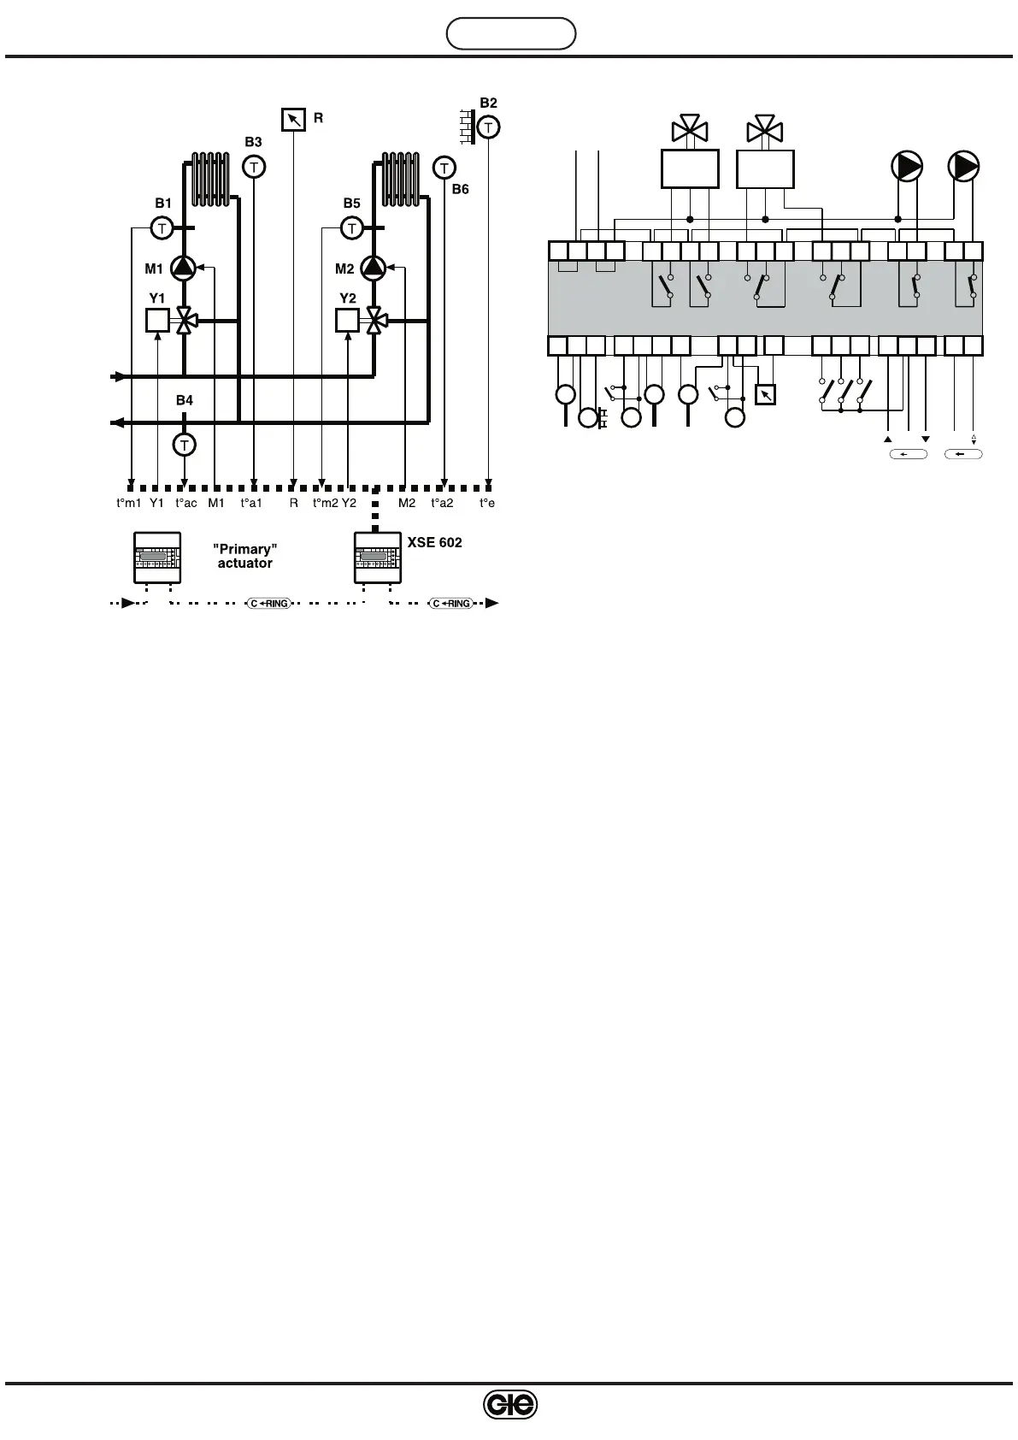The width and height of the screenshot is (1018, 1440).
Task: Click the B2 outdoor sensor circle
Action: (x=488, y=127)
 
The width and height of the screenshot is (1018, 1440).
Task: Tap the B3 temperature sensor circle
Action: (x=254, y=167)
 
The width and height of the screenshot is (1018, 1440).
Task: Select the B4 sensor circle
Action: (x=184, y=445)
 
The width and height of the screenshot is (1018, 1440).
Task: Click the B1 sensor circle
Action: (x=162, y=228)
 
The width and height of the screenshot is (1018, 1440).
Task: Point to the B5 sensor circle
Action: (x=351, y=228)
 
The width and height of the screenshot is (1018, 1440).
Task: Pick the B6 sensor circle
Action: (x=444, y=167)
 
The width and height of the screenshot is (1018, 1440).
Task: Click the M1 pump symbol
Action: (x=183, y=268)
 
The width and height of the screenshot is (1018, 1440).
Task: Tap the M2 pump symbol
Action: (x=373, y=268)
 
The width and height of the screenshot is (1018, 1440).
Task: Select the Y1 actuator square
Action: (x=157, y=320)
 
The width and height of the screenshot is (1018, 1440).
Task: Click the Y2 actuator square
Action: (x=347, y=320)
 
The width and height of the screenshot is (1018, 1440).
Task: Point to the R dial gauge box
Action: (x=293, y=119)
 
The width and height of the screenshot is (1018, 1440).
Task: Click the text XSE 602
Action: (x=434, y=542)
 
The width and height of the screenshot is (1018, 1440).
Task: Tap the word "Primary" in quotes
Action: (x=245, y=549)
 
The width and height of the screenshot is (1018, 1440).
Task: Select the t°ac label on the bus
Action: (x=186, y=504)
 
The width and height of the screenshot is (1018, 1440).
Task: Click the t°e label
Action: (x=487, y=504)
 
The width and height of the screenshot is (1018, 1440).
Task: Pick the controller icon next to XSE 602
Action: (x=378, y=558)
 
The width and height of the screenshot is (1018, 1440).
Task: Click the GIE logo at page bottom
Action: (x=509, y=1404)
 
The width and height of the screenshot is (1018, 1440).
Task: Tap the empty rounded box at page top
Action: (x=511, y=34)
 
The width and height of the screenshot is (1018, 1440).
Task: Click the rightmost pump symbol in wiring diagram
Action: (x=963, y=166)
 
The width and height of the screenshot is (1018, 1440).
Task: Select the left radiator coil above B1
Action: (x=210, y=179)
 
